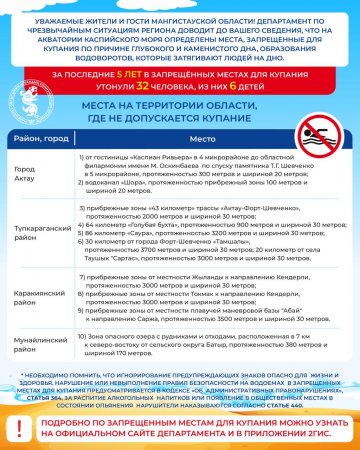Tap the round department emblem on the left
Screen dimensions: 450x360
[x=22, y=101]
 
